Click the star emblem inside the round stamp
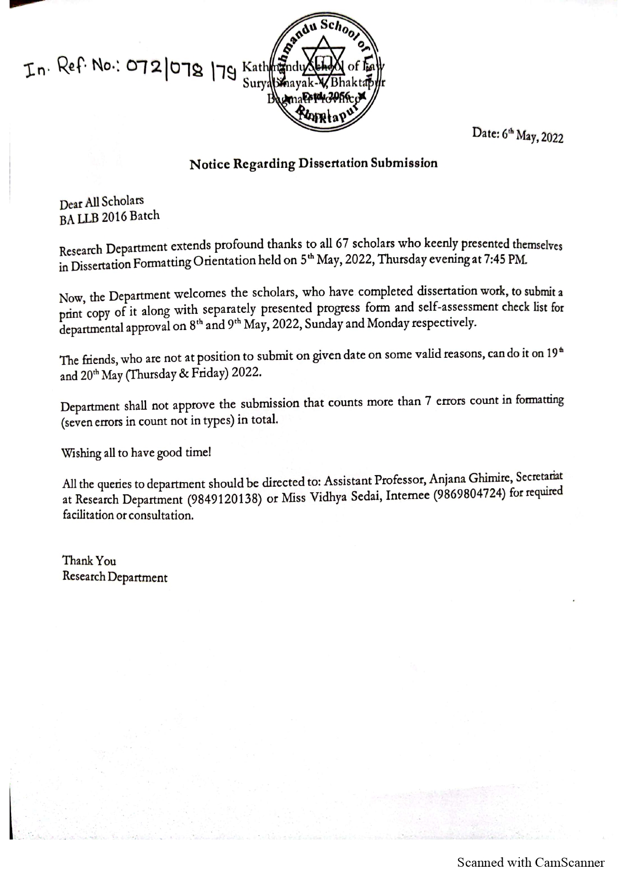point(324,59)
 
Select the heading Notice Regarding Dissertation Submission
point(313,164)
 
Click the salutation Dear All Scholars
point(102,203)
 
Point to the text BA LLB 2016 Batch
point(109,217)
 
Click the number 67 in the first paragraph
point(342,244)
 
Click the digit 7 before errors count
point(428,402)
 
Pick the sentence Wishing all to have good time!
point(136,452)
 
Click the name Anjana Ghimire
point(470,479)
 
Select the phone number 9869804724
point(470,495)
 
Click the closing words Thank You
point(89,561)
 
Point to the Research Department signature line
point(115,577)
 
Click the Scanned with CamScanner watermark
point(530,862)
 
